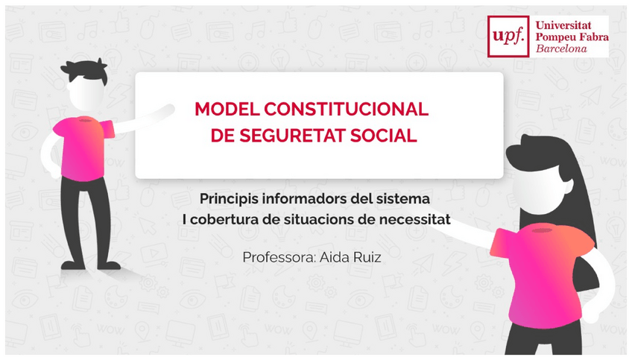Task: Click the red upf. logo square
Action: tap(508, 37)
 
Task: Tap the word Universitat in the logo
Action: tap(563, 25)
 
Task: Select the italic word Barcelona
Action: tap(561, 48)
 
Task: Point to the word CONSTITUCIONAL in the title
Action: tap(347, 109)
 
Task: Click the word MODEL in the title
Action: tap(227, 109)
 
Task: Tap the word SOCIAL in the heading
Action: tap(383, 136)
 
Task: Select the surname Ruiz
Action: tap(367, 257)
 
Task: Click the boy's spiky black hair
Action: tap(85, 71)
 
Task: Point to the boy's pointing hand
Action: tap(168, 109)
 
